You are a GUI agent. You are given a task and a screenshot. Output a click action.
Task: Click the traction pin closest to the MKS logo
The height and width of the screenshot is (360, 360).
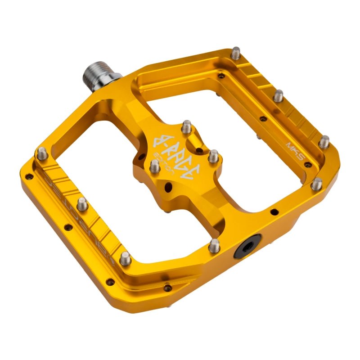tap(324, 141)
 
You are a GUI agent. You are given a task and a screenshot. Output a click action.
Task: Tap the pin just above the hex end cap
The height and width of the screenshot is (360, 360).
tap(215, 245)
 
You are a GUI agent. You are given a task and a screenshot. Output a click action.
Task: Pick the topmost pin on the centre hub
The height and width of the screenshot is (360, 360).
tap(187, 126)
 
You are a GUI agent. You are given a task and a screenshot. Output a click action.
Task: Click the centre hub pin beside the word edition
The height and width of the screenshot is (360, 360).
tap(154, 167)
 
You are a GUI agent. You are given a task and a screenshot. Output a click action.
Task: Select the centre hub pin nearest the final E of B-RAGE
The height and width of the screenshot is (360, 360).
tap(213, 156)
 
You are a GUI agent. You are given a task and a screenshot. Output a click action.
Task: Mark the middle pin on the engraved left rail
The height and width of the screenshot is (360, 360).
tap(82, 204)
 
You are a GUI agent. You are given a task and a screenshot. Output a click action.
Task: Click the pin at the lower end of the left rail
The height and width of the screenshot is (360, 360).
tap(126, 258)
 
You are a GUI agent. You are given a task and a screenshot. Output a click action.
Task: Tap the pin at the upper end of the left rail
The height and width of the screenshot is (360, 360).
tap(42, 153)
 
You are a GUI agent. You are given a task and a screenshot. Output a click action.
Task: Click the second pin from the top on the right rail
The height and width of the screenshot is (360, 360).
tap(279, 95)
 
